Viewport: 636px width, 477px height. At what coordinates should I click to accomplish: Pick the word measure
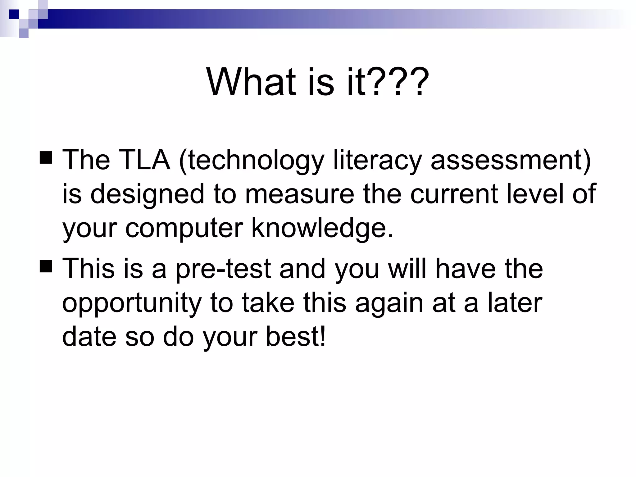click(299, 194)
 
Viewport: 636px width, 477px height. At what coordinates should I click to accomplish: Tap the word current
click(454, 194)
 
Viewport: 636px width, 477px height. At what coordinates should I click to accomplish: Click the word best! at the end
click(295, 337)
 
